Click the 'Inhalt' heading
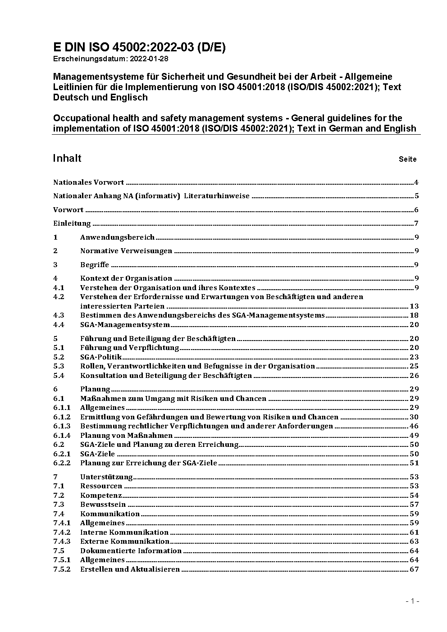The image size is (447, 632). pyautogui.click(x=67, y=158)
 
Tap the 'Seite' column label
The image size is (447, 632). pyautogui.click(x=407, y=159)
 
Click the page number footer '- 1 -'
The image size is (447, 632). pyautogui.click(x=412, y=601)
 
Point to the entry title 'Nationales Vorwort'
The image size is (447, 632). pyautogui.click(x=88, y=182)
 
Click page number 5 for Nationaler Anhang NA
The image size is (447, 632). pyautogui.click(x=417, y=196)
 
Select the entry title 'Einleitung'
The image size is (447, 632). pyautogui.click(x=72, y=223)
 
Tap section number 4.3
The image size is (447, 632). pyautogui.click(x=59, y=315)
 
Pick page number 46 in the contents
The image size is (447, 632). pyautogui.click(x=414, y=426)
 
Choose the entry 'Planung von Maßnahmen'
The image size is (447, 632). pyautogui.click(x=126, y=435)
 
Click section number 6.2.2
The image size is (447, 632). pyautogui.click(x=62, y=463)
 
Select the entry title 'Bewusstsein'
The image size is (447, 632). pyautogui.click(x=103, y=505)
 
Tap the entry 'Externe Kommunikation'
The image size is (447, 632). pyautogui.click(x=125, y=541)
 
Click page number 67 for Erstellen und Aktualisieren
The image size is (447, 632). pyautogui.click(x=414, y=569)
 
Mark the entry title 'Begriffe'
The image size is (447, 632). pyautogui.click(x=95, y=265)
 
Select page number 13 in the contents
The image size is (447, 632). pyautogui.click(x=414, y=306)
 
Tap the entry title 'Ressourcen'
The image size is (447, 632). pyautogui.click(x=101, y=486)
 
